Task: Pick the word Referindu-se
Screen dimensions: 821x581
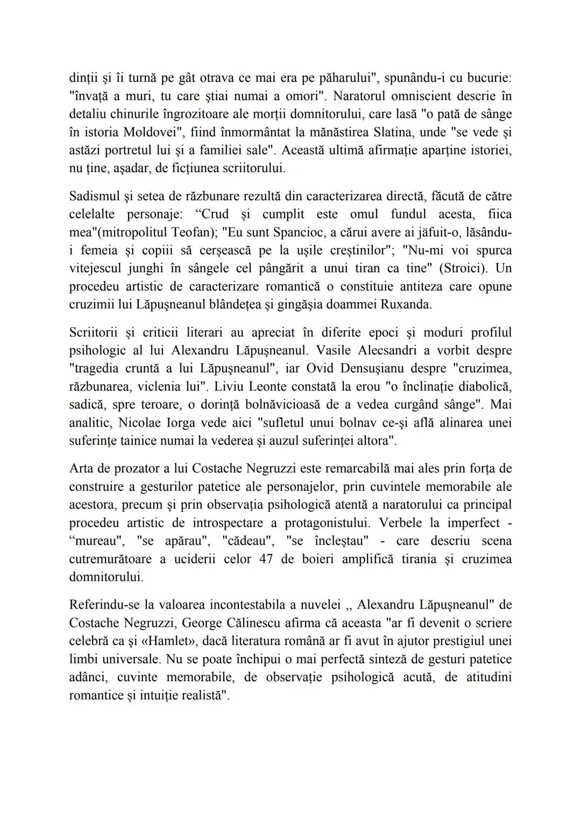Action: pos(100,605)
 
